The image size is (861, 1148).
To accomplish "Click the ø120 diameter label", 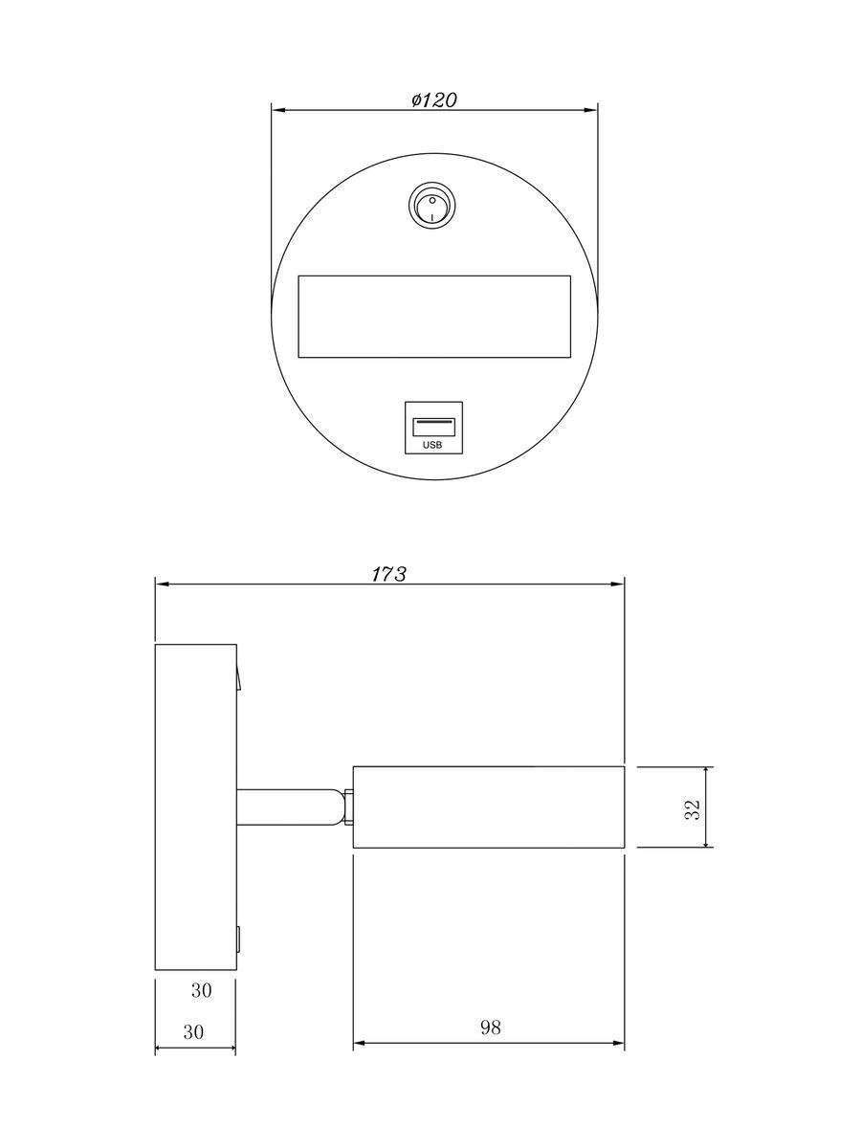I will pos(433,99).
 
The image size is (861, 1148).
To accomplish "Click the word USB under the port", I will pos(433,444).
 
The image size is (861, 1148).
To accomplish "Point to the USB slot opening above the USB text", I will pos(433,422).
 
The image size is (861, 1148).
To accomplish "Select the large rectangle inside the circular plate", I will pos(434,317).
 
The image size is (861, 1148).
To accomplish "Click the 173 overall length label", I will pos(389,574).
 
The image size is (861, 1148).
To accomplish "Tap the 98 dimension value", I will pos(490,1027).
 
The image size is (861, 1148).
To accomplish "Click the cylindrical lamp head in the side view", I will pos(489,806).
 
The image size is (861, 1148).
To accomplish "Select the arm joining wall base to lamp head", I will pos(287,806).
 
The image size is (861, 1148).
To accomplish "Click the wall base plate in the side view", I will pos(195,806).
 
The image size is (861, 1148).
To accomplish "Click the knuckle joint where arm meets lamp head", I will pos(347,806).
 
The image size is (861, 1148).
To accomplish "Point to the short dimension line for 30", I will pos(195,1049).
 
